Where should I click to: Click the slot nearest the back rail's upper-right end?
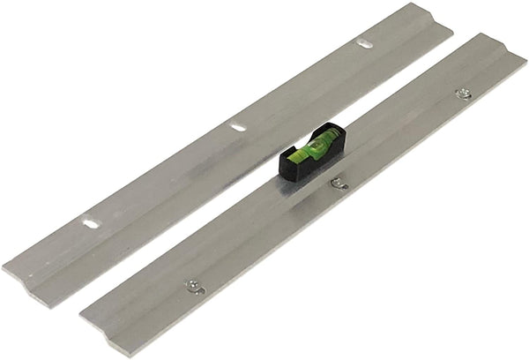coord(364,43)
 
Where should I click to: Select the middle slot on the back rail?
coord(238,127)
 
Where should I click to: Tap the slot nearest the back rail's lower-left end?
coord(91,223)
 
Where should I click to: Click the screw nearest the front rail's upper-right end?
coord(463,94)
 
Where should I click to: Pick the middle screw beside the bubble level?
coord(339,183)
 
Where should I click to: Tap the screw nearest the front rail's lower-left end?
coord(191,285)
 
